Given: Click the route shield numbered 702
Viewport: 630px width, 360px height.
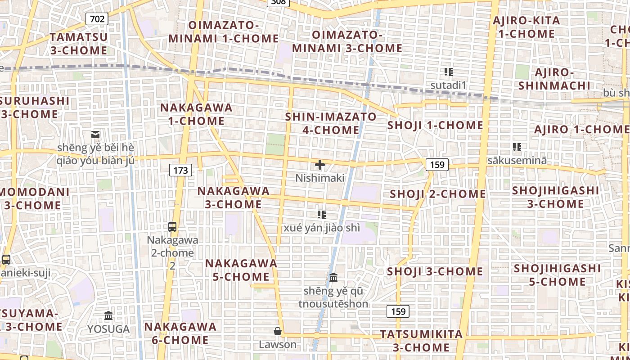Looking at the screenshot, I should [x=97, y=18].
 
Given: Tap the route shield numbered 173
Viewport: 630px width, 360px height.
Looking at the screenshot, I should [x=180, y=170].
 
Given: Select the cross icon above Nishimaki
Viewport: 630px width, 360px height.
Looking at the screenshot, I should [x=320, y=165].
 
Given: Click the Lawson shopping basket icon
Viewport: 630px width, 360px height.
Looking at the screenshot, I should [x=278, y=331].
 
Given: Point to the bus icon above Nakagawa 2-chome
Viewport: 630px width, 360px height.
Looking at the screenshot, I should [x=172, y=226].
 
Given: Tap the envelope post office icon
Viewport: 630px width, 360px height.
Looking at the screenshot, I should [x=95, y=134].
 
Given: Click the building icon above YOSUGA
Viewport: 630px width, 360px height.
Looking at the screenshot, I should [x=108, y=315].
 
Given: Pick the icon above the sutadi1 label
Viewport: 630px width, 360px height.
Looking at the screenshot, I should [x=448, y=72].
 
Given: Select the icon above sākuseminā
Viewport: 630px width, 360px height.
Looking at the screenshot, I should [x=517, y=147].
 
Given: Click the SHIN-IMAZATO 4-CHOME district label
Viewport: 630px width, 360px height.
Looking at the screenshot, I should [x=331, y=123].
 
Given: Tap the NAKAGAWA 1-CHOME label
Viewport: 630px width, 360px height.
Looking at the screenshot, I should [x=196, y=114].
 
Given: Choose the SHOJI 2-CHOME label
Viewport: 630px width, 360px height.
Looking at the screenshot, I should [x=437, y=194].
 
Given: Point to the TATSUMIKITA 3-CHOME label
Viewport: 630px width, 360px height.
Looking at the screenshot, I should [x=421, y=341].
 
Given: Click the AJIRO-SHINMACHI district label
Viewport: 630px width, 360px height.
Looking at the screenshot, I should [x=554, y=79].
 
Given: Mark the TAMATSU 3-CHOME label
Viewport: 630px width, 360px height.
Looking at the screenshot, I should [x=79, y=44].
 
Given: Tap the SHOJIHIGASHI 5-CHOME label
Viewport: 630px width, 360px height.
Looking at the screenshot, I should [x=557, y=275].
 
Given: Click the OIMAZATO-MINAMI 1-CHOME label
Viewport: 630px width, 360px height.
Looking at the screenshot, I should [x=224, y=31].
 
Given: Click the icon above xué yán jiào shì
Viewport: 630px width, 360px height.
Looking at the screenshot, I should [x=321, y=214].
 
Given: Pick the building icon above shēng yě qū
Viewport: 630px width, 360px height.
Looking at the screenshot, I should [x=333, y=278].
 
